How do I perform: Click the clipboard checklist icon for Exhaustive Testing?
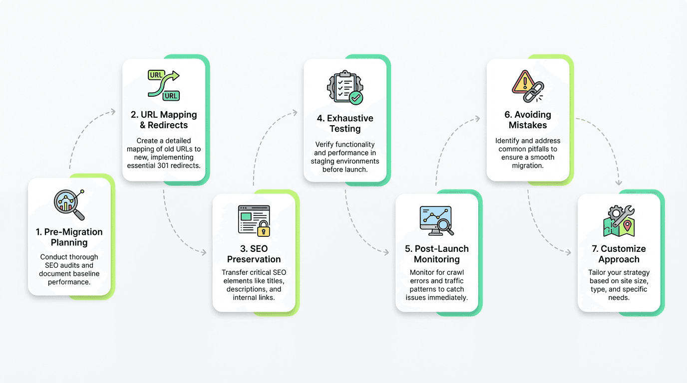(344, 88)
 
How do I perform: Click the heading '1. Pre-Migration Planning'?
(69, 237)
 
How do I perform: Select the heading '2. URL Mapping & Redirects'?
(164, 120)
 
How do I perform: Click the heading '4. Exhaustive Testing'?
(344, 124)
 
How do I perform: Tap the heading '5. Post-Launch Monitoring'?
(436, 254)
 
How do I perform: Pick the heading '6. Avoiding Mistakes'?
(528, 120)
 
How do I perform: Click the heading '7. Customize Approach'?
(619, 254)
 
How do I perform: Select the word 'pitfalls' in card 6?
(540, 149)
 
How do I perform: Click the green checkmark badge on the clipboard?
(356, 97)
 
